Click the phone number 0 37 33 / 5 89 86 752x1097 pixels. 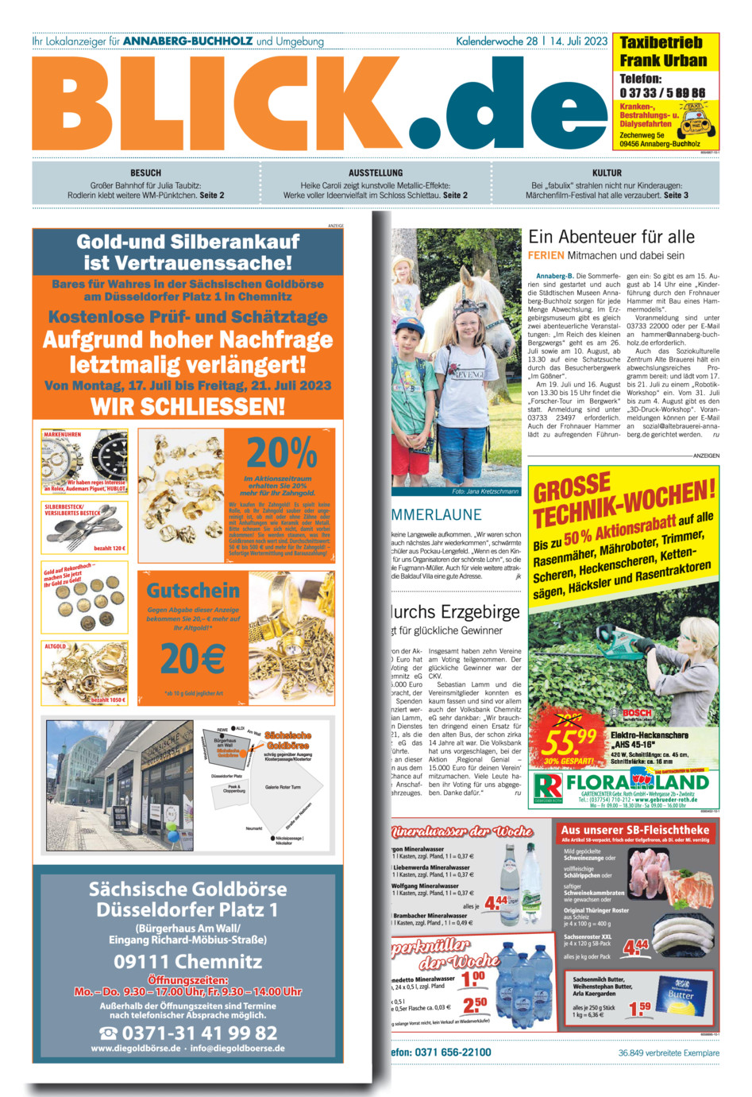pyautogui.click(x=661, y=93)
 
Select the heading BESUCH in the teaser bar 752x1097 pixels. pyautogui.click(x=145, y=172)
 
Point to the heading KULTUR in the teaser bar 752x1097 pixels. pyautogui.click(x=607, y=172)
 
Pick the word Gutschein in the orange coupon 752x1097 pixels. pyautogui.click(x=193, y=591)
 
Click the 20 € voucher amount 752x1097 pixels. pyautogui.click(x=193, y=658)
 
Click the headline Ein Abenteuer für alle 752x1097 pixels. pyautogui.click(x=611, y=237)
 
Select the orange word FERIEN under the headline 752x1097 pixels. pyautogui.click(x=546, y=256)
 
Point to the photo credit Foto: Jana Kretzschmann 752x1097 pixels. pyautogui.click(x=484, y=491)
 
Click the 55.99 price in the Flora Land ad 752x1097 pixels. pyautogui.click(x=567, y=742)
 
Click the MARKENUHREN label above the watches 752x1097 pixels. pyautogui.click(x=63, y=435)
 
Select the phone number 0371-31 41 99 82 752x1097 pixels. pyautogui.click(x=188, y=1033)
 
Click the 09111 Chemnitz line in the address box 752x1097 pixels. pyautogui.click(x=188, y=961)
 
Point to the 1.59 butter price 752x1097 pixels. pyautogui.click(x=639, y=1008)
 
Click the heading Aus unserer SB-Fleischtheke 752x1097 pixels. pyautogui.click(x=635, y=829)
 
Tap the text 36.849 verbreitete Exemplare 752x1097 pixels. pyautogui.click(x=669, y=1052)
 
